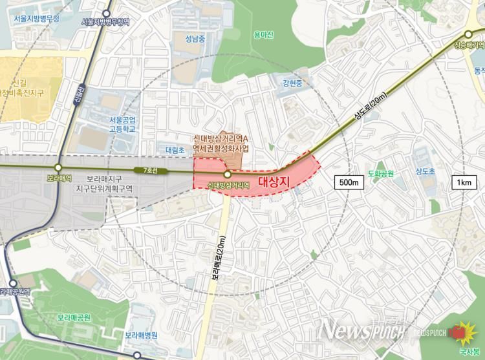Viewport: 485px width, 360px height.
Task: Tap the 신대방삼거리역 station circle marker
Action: [228, 175]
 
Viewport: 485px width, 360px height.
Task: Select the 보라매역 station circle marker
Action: [58, 167]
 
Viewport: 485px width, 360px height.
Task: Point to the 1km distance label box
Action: [463, 182]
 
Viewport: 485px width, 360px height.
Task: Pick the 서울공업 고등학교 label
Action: [122, 124]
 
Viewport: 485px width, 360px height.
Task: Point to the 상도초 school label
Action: [425, 171]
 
